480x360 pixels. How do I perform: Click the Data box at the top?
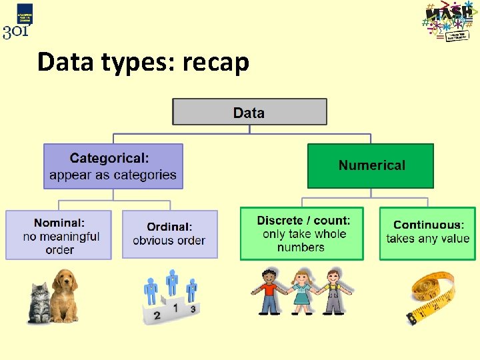[249, 112]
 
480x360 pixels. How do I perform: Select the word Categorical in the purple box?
[109, 159]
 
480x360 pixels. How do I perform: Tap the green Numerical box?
[371, 165]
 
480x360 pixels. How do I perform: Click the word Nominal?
[59, 223]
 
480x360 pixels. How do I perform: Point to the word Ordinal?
[169, 227]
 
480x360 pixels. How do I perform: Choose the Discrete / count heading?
[303, 220]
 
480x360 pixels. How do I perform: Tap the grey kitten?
[41, 303]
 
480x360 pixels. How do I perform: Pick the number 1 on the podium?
[175, 309]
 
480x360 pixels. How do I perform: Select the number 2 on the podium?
[157, 315]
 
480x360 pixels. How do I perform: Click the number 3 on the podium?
[193, 309]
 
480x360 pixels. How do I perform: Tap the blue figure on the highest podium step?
[173, 283]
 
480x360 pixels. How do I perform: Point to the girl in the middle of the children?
[302, 292]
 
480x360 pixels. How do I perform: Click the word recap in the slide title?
[215, 63]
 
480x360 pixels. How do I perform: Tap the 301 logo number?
[15, 31]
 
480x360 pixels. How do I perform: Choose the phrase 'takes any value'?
[428, 239]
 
